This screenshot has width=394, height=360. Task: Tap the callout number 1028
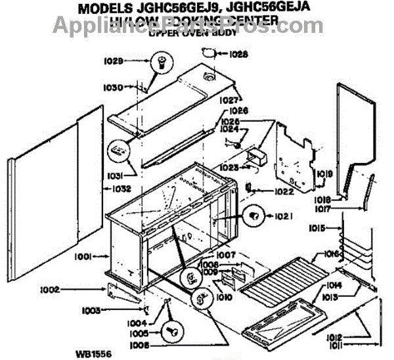coord(239,55)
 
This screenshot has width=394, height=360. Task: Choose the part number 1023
coord(229,168)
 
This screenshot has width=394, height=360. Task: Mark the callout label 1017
coord(321,209)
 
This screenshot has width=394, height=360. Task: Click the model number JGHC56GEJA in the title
coord(276,10)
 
